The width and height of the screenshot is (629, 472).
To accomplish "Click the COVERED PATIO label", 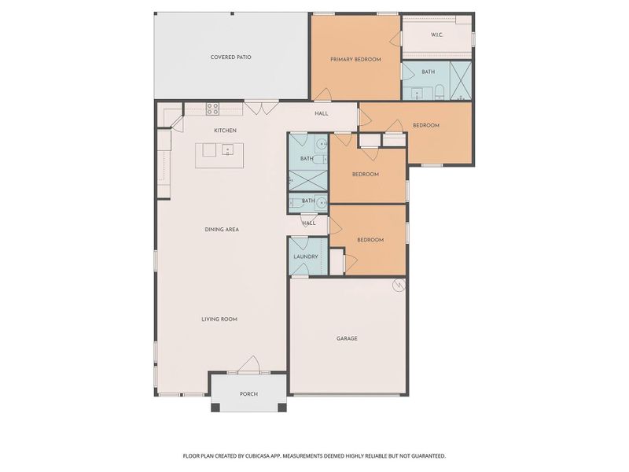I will pos(230,57).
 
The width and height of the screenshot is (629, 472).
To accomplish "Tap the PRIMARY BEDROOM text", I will pos(355,60).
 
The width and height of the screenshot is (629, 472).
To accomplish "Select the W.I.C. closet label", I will pos(437,35).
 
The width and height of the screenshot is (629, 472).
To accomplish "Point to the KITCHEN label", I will pos(226,131).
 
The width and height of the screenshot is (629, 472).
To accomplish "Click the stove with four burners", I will pos(212,109).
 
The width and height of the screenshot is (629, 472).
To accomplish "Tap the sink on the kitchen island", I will pos(227,149).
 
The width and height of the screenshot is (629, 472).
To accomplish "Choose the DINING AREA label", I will pos(222,230).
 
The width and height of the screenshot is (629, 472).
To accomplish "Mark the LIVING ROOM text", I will pos(219,319).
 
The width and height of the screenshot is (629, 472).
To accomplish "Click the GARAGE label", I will pos(347,338).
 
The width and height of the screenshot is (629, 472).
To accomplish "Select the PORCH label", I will pos(248,394).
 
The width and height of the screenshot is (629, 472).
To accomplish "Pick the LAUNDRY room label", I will pos(305,257).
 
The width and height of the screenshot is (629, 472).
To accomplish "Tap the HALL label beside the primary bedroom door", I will pos(322,114).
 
